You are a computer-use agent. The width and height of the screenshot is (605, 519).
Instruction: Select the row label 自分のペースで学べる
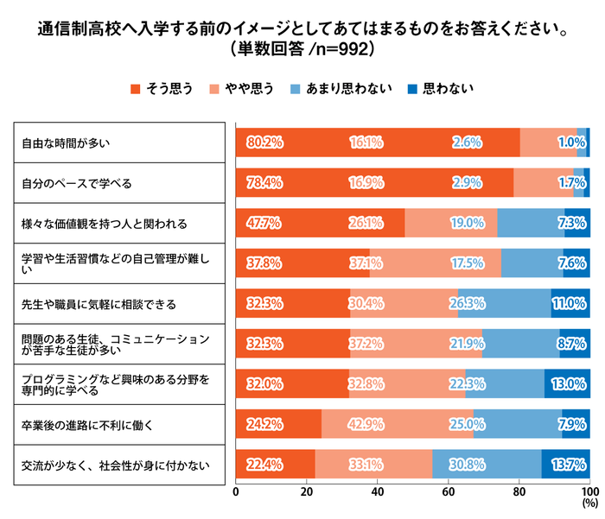pyautogui.click(x=76, y=183)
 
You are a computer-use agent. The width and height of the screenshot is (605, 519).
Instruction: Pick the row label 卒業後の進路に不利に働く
pyautogui.click(x=88, y=426)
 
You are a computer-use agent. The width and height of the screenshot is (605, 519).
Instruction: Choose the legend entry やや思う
pyautogui.click(x=243, y=88)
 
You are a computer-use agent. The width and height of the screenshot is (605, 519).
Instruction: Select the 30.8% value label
pyautogui.click(x=467, y=466)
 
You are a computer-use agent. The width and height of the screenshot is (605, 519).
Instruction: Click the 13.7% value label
pyautogui.click(x=570, y=466)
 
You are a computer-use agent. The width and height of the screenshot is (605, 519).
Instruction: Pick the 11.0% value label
pyautogui.click(x=570, y=304)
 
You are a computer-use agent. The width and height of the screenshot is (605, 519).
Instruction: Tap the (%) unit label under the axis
pyautogui.click(x=589, y=503)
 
